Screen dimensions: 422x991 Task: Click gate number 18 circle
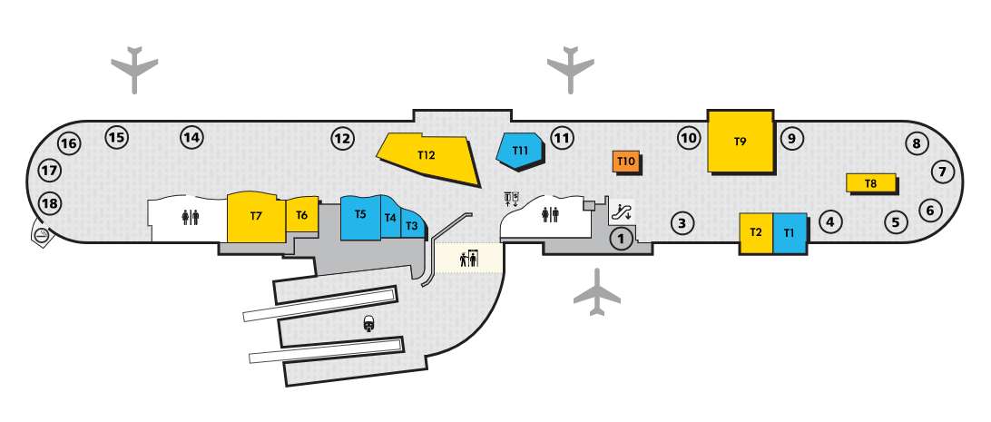pos(49,203)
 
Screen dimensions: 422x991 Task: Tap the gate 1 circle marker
pos(621,240)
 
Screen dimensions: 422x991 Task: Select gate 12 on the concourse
pos(341,139)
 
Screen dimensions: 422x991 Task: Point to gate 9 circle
pos(791,138)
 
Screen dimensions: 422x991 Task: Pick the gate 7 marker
pos(942,172)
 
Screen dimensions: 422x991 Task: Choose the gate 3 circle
pos(682,222)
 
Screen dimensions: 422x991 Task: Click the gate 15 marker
pos(116,138)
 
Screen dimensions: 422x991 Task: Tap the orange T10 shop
pos(625,162)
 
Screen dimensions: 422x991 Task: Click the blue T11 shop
pos(521,151)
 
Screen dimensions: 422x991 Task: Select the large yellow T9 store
pos(740,141)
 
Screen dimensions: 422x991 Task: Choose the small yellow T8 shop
pos(870,182)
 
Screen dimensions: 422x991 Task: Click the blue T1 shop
pos(790,232)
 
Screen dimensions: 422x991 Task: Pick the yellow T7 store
pos(256,217)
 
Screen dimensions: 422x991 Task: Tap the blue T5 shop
pos(360,216)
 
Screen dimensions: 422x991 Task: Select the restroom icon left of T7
pos(190,217)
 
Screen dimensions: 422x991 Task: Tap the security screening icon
pos(468,259)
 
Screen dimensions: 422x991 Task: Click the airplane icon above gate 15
pos(134,68)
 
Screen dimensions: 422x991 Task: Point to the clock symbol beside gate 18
pos(41,235)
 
